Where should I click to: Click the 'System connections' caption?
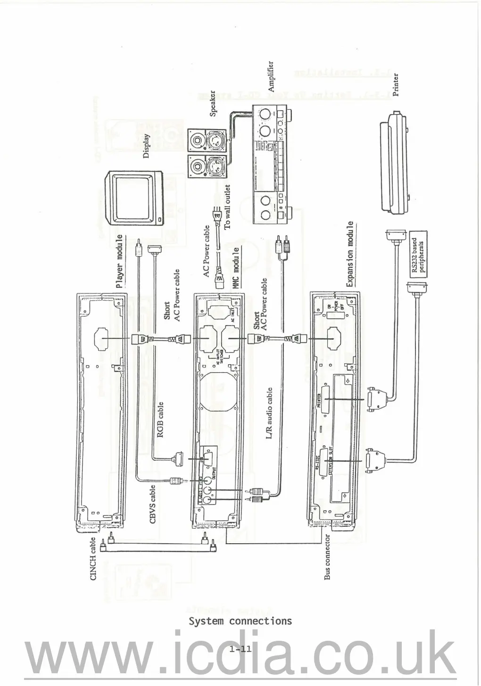(240, 621)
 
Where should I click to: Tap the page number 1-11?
(240, 650)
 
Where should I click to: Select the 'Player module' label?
(119, 261)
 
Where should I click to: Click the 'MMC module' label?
(236, 267)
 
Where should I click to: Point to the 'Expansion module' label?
(349, 254)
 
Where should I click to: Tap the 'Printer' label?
(396, 84)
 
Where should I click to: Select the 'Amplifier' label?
(270, 76)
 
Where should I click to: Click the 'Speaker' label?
(213, 104)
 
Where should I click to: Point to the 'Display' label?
(146, 146)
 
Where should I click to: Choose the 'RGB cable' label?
(160, 419)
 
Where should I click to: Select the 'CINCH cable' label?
(93, 559)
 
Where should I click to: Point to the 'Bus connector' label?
(327, 556)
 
